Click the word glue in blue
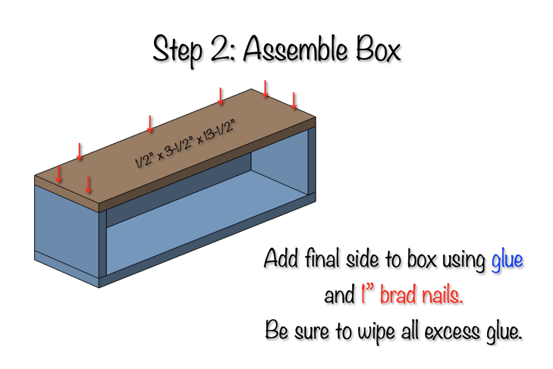[507, 261]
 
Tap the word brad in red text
[399, 295]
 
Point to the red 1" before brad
[368, 295]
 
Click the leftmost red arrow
[59, 174]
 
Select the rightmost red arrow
[294, 101]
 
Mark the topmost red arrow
[265, 89]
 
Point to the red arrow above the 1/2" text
[150, 124]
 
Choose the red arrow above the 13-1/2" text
[220, 96]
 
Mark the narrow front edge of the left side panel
[103, 243]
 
